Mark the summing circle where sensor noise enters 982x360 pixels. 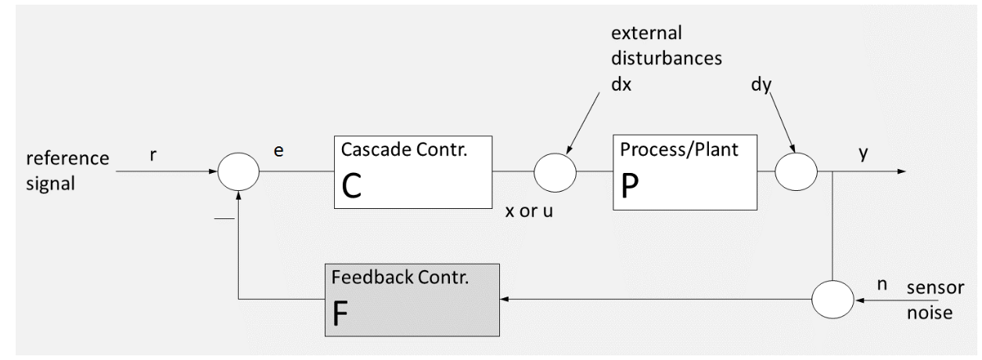(831, 300)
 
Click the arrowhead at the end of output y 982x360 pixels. (904, 171)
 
